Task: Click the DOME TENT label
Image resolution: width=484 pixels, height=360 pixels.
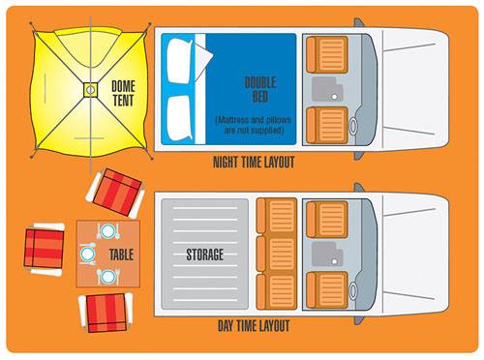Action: click(123, 93)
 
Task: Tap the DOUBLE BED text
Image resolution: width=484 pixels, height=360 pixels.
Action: click(260, 89)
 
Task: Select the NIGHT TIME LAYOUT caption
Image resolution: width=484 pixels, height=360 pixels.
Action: click(254, 163)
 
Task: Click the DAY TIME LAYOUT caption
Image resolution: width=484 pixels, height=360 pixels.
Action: click(254, 326)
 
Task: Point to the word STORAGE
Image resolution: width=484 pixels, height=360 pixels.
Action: click(205, 255)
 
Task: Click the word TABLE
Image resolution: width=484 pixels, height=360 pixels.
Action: click(121, 255)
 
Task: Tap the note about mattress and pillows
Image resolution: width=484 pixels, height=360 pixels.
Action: click(254, 125)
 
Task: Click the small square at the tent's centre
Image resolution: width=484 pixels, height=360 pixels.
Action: click(91, 90)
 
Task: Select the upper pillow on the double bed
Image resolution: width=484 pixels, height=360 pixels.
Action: click(180, 61)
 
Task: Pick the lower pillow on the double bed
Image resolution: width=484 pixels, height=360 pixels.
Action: click(180, 118)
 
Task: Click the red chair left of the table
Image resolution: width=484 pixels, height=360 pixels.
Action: click(45, 249)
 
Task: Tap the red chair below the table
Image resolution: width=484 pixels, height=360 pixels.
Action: click(106, 313)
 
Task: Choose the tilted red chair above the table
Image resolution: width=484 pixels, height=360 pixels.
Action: click(115, 194)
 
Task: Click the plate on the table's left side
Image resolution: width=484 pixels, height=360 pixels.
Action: click(87, 254)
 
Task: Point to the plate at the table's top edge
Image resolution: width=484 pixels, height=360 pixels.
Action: click(107, 231)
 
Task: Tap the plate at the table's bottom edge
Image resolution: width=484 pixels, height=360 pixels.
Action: click(107, 277)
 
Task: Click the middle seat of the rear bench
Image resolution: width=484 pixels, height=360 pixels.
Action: click(277, 254)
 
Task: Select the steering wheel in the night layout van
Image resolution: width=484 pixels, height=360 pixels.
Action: click(353, 126)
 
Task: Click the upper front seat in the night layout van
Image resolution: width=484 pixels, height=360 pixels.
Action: click(327, 54)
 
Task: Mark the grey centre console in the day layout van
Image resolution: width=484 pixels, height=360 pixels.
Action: click(327, 255)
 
